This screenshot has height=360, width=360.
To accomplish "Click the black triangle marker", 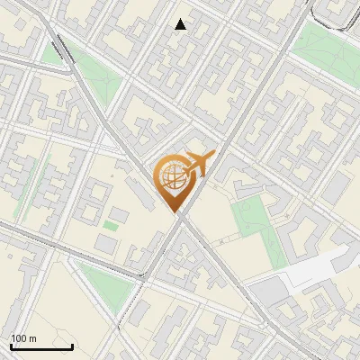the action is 181,24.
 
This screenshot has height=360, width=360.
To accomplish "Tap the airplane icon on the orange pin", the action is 199,163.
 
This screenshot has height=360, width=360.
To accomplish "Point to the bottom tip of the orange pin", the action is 176,212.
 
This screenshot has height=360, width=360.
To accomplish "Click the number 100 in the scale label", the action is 19,337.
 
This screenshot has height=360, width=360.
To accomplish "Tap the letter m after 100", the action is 32,337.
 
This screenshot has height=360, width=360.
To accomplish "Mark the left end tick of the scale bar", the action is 11,346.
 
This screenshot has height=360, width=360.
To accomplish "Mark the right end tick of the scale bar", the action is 72,346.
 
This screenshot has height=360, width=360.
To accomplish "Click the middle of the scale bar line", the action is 41,347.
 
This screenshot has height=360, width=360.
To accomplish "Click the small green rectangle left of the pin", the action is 110,224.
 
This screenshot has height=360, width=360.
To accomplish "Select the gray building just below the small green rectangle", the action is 106,243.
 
